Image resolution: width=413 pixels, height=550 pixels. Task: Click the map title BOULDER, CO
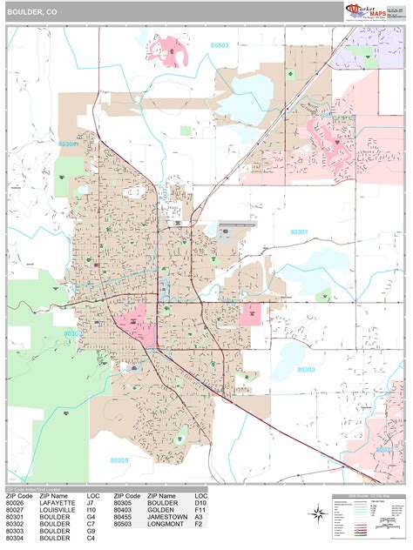(x=34, y=12)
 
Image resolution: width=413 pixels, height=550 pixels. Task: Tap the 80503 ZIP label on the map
(x=219, y=44)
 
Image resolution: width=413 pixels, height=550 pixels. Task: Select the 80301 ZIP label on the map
(x=298, y=231)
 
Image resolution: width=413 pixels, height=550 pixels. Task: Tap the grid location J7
(x=92, y=502)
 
